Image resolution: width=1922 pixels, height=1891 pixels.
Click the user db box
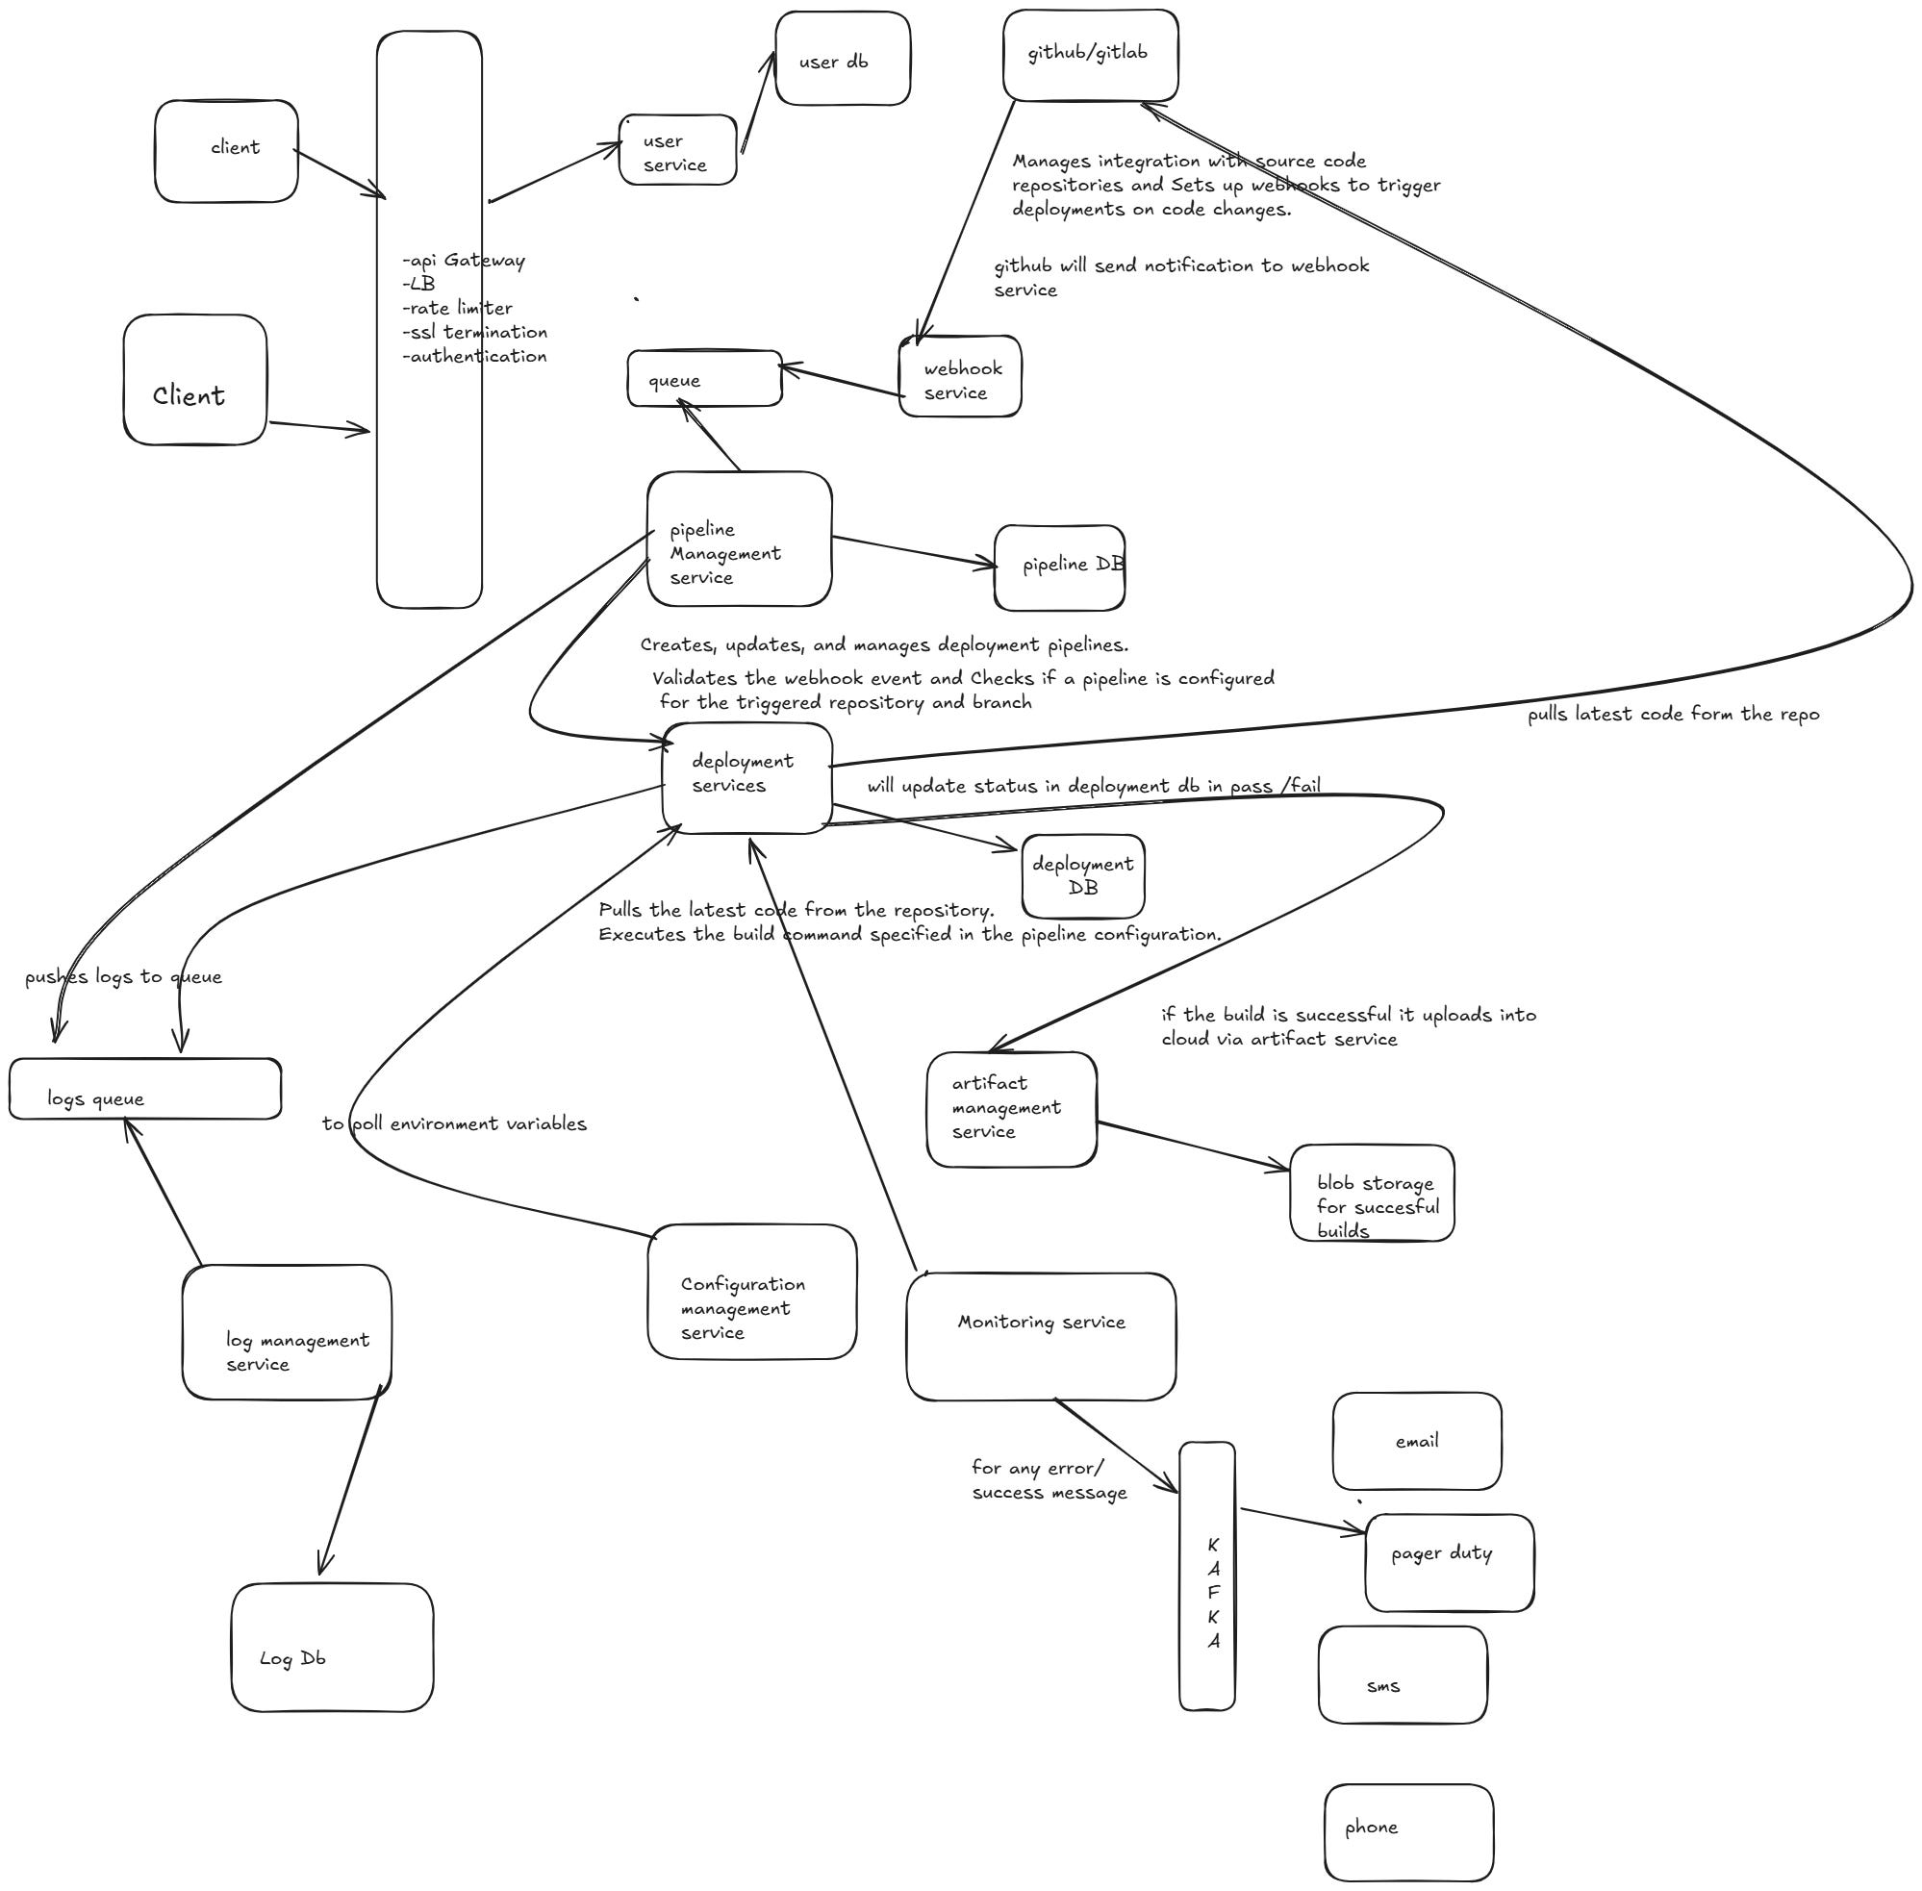(x=843, y=59)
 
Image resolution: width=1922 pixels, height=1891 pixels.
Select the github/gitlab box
(x=1090, y=55)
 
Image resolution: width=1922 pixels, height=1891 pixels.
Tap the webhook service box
(x=959, y=377)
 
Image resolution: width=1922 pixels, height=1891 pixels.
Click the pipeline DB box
(x=1059, y=567)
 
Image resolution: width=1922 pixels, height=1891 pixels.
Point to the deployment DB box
(x=1082, y=876)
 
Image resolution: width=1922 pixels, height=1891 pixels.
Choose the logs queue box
(x=145, y=1089)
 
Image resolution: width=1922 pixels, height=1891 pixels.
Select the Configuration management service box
(x=752, y=1291)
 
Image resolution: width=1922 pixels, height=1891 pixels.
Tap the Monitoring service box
(x=1041, y=1336)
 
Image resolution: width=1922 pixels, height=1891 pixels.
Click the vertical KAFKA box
(x=1207, y=1576)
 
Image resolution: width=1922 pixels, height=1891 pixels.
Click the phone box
(x=1408, y=1832)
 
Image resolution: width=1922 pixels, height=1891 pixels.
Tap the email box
(x=1416, y=1441)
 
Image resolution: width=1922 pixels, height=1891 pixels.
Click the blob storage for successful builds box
(x=1372, y=1193)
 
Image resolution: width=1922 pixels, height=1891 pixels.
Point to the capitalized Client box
(x=194, y=380)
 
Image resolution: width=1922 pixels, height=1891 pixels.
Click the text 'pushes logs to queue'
(x=123, y=977)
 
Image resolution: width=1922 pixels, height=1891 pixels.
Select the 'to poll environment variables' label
(x=454, y=1123)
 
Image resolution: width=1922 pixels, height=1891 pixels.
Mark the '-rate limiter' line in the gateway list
(x=458, y=308)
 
